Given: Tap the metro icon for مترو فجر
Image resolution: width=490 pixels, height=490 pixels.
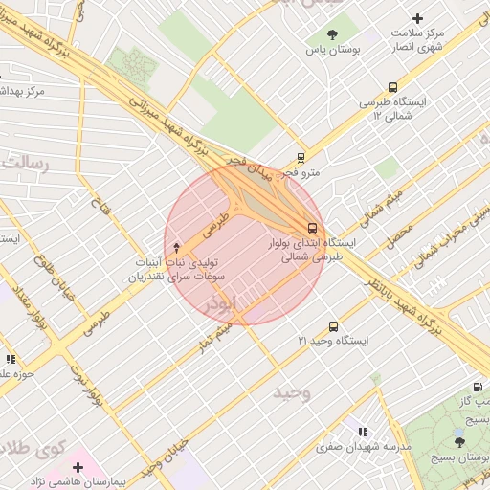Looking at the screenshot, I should coord(301,158).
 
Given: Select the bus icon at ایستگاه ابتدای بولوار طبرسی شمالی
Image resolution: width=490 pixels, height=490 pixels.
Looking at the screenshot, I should coord(313,228).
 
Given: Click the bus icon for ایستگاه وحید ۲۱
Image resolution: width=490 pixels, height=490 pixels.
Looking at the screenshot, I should coord(333,326).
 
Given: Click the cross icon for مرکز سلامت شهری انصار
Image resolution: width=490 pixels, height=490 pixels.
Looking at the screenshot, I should coord(416,17).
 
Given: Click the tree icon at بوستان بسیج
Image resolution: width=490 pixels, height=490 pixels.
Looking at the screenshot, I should coord(460,441).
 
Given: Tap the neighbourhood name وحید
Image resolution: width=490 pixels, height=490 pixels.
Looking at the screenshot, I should coord(292,392).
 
